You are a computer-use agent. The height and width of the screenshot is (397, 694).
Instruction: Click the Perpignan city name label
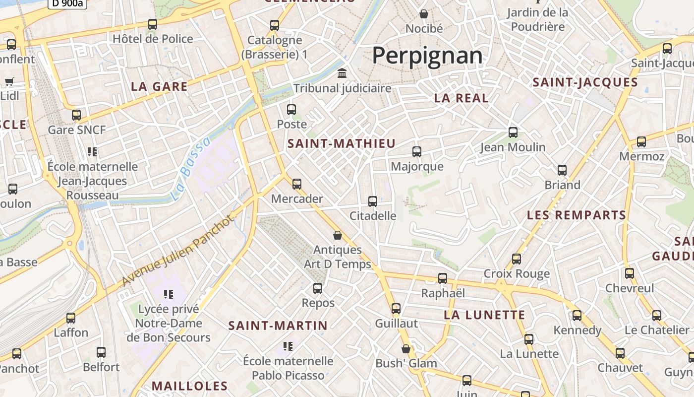tap(427, 55)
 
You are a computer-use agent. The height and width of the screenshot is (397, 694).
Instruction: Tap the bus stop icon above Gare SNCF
tap(76, 115)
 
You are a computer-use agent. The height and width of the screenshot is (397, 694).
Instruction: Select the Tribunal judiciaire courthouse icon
tap(342, 74)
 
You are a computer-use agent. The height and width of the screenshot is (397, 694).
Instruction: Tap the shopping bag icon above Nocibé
tap(424, 14)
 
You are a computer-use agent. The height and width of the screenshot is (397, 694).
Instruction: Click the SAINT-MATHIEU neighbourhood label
tap(342, 144)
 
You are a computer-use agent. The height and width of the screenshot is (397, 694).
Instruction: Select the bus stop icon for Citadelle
tap(373, 201)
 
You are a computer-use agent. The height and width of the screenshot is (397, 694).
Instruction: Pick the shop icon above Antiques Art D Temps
tap(338, 235)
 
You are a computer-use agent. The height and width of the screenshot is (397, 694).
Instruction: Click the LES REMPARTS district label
tap(577, 215)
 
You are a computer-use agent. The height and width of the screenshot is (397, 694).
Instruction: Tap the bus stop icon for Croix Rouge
tap(517, 259)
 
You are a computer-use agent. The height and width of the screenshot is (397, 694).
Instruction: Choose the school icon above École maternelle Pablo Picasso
tap(288, 346)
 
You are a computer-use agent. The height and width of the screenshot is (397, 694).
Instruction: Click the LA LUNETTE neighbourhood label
tap(484, 315)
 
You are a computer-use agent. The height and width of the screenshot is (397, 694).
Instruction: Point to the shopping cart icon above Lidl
tap(9, 81)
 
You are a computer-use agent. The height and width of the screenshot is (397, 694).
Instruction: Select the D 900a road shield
tap(67, 3)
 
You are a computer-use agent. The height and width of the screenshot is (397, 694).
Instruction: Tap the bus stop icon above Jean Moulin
tap(513, 132)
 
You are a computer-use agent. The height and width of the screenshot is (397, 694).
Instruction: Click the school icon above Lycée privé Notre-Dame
tap(169, 294)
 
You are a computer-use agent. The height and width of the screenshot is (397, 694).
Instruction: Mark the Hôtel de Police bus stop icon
tap(153, 24)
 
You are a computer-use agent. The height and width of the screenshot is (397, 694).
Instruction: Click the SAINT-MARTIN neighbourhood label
tap(278, 326)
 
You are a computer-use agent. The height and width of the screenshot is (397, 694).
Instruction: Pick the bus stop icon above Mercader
tap(297, 184)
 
